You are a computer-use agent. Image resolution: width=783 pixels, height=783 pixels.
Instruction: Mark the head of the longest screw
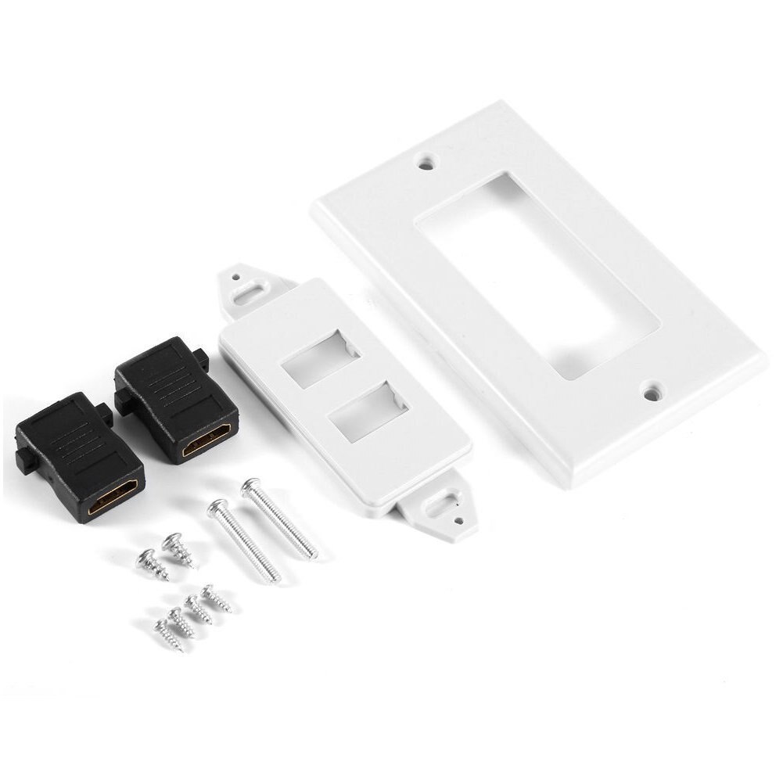click(x=250, y=488)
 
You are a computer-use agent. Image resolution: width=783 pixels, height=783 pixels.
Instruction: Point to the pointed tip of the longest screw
click(x=315, y=556)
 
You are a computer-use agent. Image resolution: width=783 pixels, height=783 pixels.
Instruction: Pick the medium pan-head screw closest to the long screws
click(x=171, y=541)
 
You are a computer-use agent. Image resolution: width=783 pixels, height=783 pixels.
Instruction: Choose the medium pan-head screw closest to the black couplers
click(x=145, y=559)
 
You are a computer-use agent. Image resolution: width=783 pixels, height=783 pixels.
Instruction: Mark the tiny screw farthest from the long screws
click(x=162, y=627)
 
